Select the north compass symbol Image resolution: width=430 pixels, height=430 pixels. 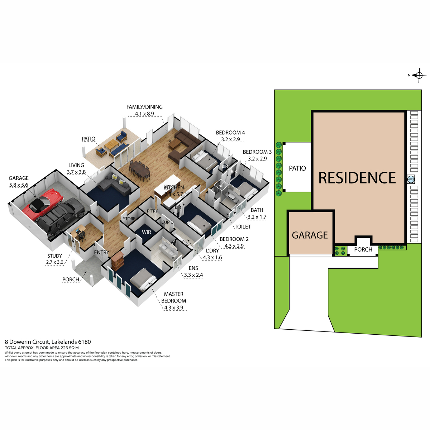pos(419,75)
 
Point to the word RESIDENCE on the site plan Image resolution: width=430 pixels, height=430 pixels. pos(357,178)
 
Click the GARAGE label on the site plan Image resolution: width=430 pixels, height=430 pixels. pos(310,235)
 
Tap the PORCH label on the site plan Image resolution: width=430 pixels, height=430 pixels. pos(363,249)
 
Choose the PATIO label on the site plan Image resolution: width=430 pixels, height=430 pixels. pos(297,168)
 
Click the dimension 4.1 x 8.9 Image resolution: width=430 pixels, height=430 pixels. pos(144,114)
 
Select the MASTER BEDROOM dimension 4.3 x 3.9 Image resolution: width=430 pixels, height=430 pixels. pos(173,307)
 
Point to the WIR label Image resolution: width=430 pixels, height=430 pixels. pos(146,232)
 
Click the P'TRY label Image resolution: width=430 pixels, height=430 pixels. pos(152,211)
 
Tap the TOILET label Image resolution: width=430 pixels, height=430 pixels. pos(243,227)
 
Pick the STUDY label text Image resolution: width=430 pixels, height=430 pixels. pos(54,256)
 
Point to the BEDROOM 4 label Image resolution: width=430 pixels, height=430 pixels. pos(230,133)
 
